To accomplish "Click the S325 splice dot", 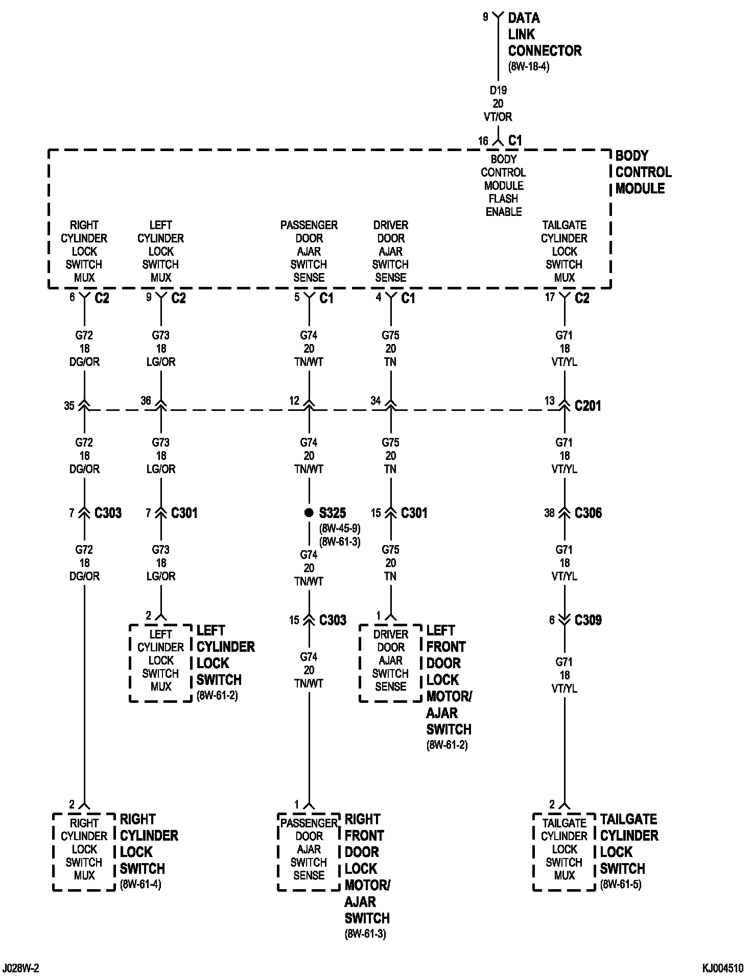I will pos(309,512).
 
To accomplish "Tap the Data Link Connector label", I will pos(544,34).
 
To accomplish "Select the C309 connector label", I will pos(588,620).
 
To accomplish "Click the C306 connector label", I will pos(588,513).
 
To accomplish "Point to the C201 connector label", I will pos(587,406).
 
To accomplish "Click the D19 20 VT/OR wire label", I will pos(498,104).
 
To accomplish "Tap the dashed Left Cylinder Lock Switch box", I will pos(160,663).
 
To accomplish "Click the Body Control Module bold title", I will pos(643,172).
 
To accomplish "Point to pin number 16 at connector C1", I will pos(483,141).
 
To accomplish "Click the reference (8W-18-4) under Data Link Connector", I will pos(529,67).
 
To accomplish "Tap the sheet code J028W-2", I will pos(21,968).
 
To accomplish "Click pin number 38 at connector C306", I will pos(549,513).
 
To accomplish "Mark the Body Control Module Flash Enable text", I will pos(504,185).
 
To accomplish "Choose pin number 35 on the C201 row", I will pos(69,406).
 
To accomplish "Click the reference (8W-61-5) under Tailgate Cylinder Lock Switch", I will pos(620,884).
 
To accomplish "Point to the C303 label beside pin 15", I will pos(333,620).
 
